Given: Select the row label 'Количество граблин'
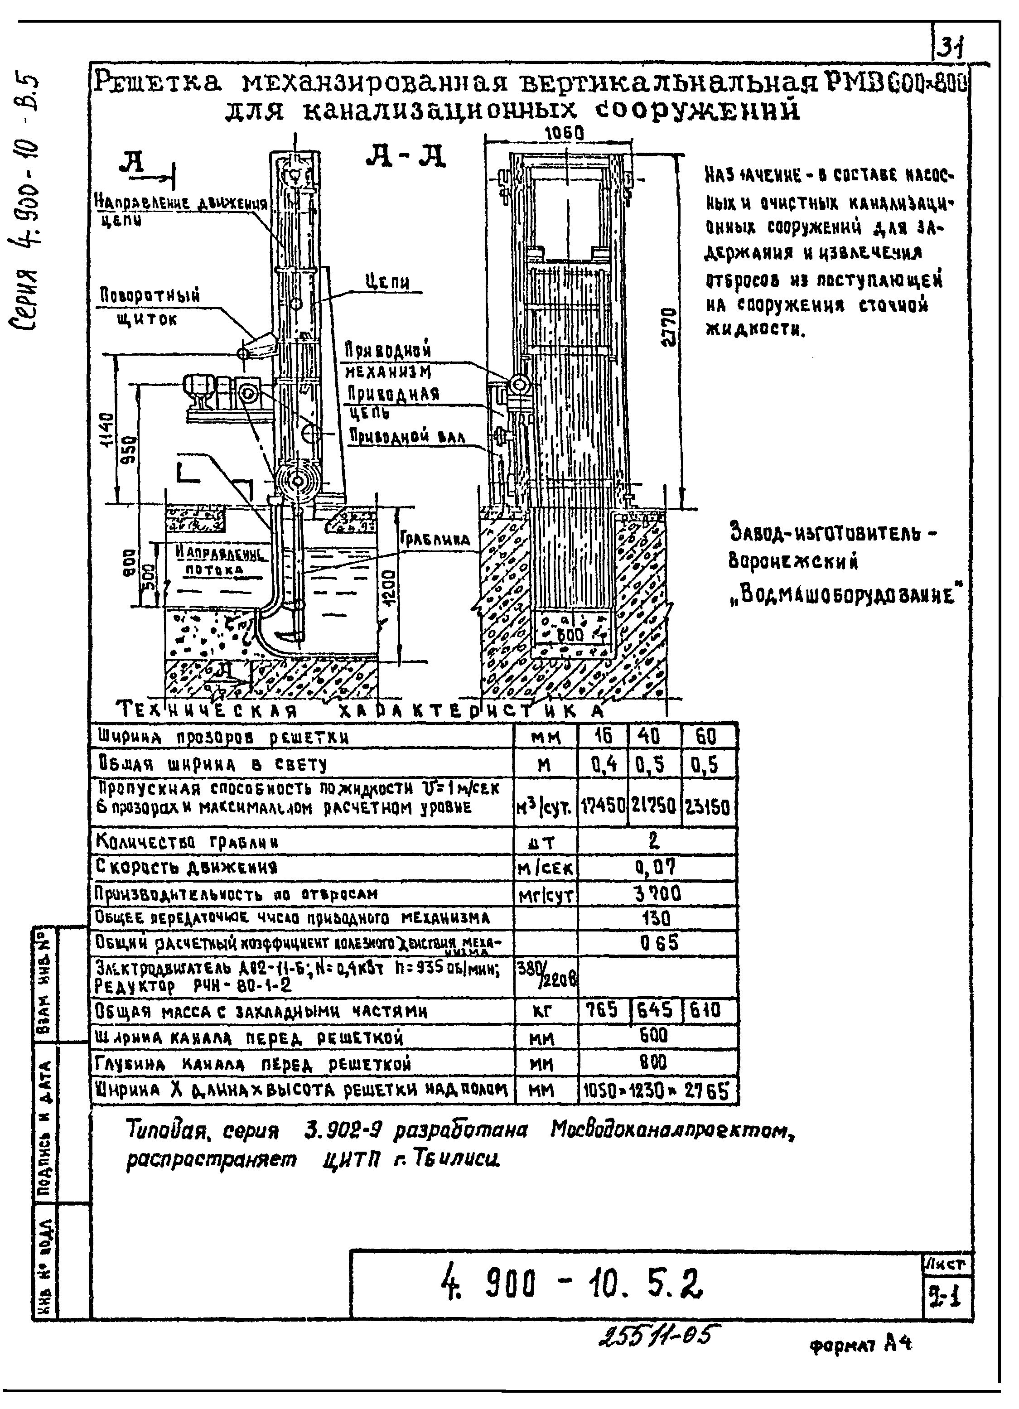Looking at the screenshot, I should [x=186, y=842].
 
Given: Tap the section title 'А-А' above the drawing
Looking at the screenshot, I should [x=405, y=157].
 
